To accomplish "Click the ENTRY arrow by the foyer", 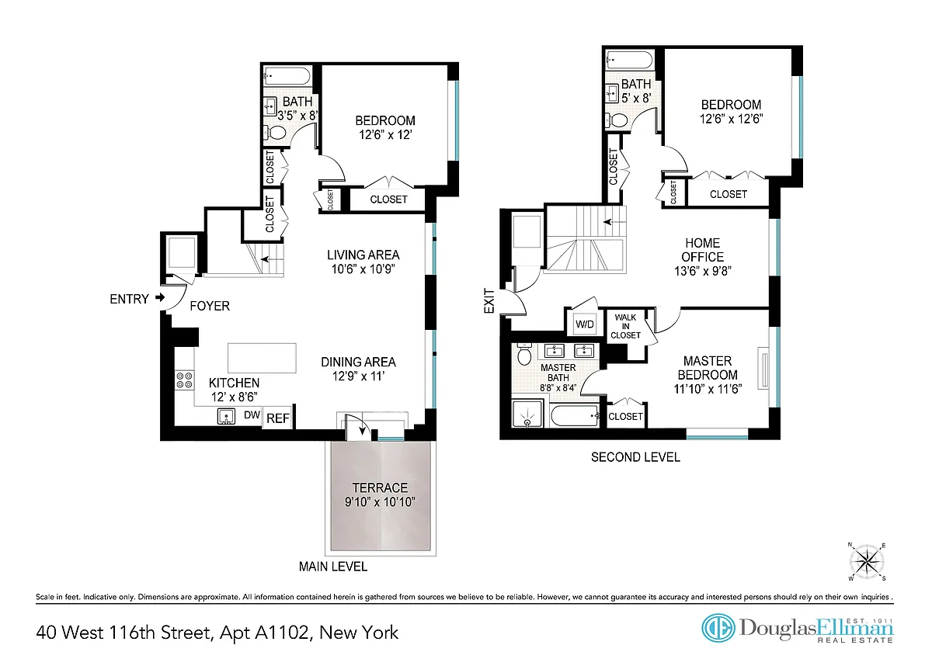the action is pos(160,298).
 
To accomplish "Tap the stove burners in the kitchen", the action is pos(185,380).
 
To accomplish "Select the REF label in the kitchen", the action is pos(278,418).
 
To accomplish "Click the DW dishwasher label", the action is pos(252,414).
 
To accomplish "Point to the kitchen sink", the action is pos(226,416).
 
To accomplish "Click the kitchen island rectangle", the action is pos(262,358).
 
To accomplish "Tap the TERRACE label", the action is pos(380,487).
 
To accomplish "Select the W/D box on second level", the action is pos(585,324).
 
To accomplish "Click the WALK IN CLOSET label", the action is pos(625,326).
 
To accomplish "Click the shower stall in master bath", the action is pos(527,414).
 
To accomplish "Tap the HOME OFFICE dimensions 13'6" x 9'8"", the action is pos(703,271).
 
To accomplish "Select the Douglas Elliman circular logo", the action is pos(718,628).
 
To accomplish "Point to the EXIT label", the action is pos(490,301).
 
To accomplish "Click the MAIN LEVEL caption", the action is pos(333,567).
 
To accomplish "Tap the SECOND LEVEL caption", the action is pos(635,457).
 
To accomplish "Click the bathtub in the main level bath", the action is pos(287,77).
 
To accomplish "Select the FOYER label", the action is pos(210,306).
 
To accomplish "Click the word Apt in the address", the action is pos(235,633).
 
